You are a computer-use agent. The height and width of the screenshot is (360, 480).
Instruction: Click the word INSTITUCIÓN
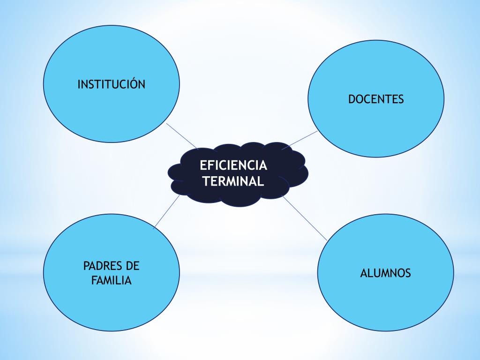click(111, 84)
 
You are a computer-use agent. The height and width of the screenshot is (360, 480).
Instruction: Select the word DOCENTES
click(376, 99)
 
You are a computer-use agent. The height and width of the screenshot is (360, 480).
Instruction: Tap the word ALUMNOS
click(385, 273)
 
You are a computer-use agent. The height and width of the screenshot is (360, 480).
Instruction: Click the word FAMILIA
click(112, 281)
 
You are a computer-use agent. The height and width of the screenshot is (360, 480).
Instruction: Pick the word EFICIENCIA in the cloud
click(233, 165)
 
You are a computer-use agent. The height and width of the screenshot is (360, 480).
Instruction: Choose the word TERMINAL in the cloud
click(233, 181)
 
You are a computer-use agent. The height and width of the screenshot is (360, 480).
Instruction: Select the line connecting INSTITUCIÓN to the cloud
click(181, 135)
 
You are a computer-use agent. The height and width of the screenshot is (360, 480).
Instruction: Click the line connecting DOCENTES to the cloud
click(300, 140)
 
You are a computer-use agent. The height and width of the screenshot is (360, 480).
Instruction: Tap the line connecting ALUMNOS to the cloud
click(305, 218)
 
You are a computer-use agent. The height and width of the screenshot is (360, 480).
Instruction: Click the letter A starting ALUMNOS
click(364, 273)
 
